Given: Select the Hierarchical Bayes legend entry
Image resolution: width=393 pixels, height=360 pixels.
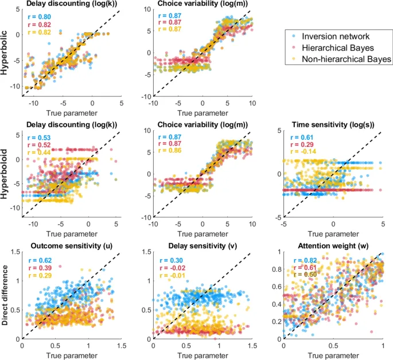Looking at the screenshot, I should point(342,47).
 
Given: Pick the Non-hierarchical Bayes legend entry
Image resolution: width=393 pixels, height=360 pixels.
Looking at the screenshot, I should point(348,58).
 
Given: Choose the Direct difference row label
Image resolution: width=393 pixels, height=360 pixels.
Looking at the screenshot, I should point(6,298).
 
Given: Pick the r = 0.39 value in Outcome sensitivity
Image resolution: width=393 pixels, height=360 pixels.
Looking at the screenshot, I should point(38,269).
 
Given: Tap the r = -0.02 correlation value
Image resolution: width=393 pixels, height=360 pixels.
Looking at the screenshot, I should point(170,269).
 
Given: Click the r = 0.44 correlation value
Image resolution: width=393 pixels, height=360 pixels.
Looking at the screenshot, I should point(38,154).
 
